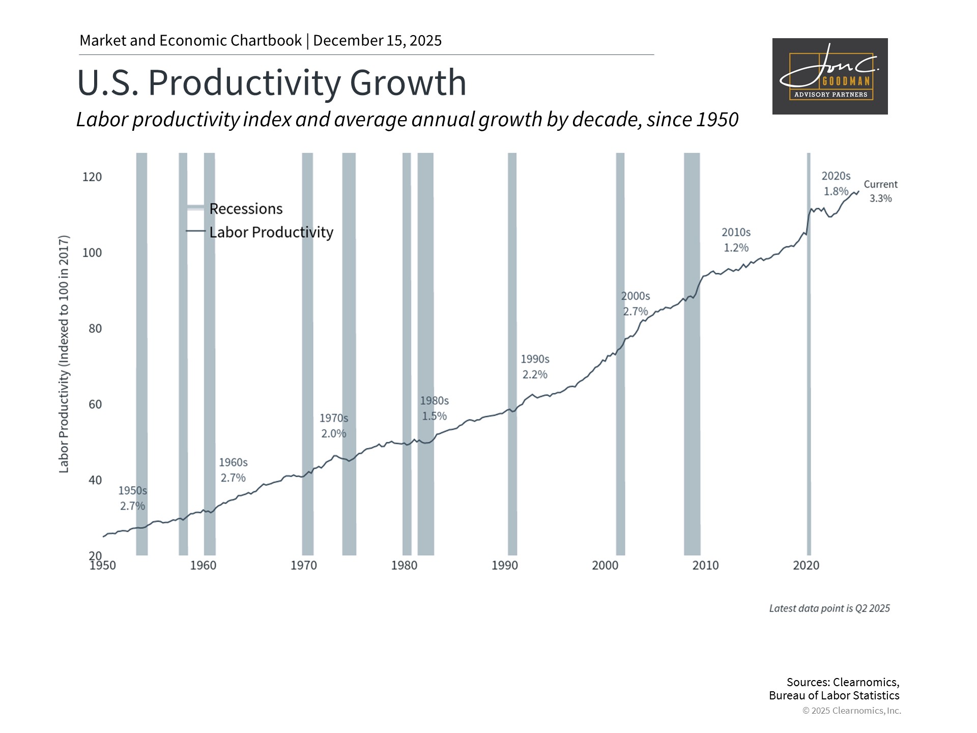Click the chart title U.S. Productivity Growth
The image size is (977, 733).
click(x=272, y=82)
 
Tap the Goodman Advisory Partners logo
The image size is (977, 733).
click(x=829, y=76)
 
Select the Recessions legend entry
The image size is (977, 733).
click(x=245, y=209)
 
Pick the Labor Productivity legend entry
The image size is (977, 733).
click(x=271, y=232)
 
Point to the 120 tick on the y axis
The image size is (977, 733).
click(x=92, y=177)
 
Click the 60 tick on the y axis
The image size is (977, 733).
click(x=95, y=404)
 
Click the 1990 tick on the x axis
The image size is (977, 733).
click(x=504, y=566)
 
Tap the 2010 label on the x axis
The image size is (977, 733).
click(x=705, y=566)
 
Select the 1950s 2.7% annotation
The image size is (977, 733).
click(x=132, y=498)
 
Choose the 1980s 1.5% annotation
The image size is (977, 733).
click(x=434, y=408)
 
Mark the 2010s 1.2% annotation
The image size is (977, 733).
click(x=736, y=240)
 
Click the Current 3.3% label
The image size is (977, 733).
click(x=880, y=191)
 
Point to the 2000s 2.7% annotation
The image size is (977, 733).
click(x=635, y=303)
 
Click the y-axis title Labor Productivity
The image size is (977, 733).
click(x=64, y=354)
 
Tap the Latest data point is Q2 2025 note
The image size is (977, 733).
click(x=829, y=608)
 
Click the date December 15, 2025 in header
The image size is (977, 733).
click(x=377, y=41)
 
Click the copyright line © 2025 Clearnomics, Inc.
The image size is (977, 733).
click(x=851, y=711)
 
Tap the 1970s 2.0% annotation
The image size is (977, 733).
click(x=333, y=426)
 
